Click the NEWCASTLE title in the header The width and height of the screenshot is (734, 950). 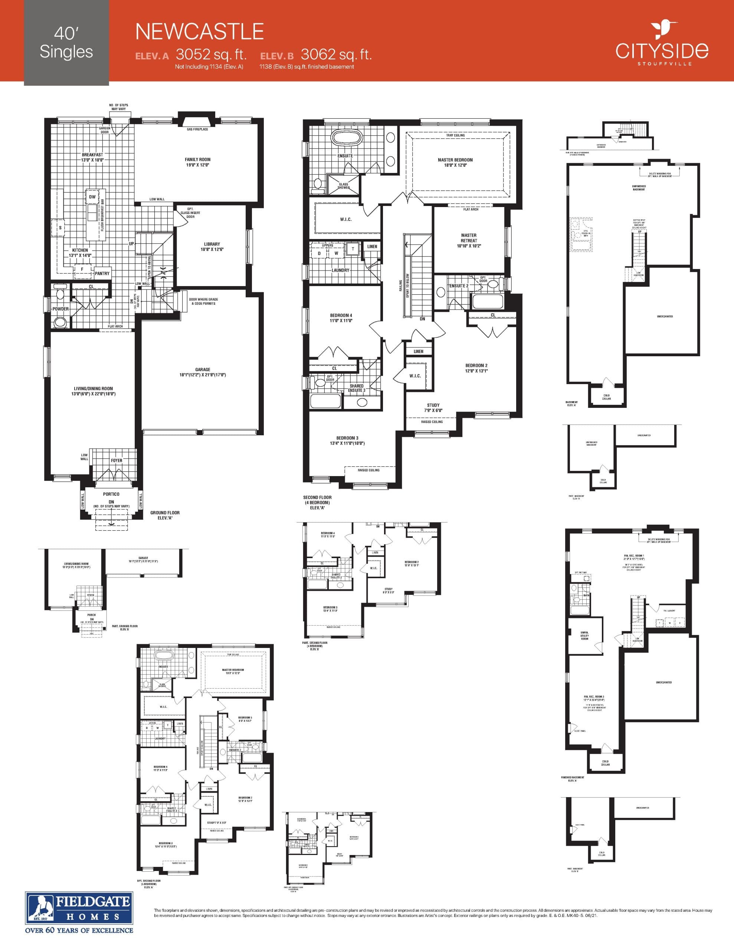pyautogui.click(x=199, y=32)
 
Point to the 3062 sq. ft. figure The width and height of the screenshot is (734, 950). pyautogui.click(x=336, y=55)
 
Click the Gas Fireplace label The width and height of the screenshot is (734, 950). pyautogui.click(x=197, y=129)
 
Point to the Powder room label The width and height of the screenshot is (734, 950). pyautogui.click(x=60, y=309)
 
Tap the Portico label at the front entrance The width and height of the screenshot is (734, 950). pyautogui.click(x=111, y=494)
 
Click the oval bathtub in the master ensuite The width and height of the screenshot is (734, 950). pyautogui.click(x=347, y=138)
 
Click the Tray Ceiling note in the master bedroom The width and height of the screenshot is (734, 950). pyautogui.click(x=455, y=135)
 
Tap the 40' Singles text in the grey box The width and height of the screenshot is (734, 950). pyautogui.click(x=66, y=43)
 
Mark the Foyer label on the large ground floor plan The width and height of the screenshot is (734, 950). pyautogui.click(x=116, y=461)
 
